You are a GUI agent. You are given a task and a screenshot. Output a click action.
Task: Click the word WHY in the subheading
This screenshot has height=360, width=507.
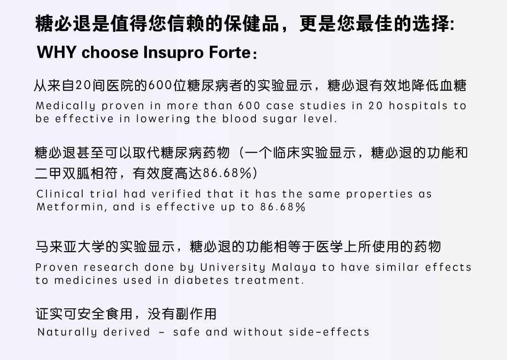pos(57,52)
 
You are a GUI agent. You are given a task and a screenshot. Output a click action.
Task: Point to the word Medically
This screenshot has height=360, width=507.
pos(65,106)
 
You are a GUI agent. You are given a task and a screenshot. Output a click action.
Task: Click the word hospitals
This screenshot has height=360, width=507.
pos(418,106)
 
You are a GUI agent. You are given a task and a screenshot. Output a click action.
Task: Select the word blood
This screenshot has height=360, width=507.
pos(239,119)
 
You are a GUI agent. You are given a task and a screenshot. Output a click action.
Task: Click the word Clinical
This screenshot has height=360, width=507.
pos(60,194)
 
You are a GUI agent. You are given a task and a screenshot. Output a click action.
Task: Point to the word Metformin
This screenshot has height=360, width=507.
pos(71,207)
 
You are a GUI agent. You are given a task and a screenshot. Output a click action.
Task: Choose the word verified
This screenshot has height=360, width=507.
pos(176,194)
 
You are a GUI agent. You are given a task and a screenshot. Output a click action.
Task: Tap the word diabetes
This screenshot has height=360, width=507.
pos(201,280)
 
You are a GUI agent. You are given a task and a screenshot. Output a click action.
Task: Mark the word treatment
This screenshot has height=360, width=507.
pos(269,280)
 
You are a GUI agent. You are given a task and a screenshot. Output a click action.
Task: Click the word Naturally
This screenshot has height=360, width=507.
pos(67,332)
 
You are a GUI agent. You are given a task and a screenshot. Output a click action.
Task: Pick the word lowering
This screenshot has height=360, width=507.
pos(163,119)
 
